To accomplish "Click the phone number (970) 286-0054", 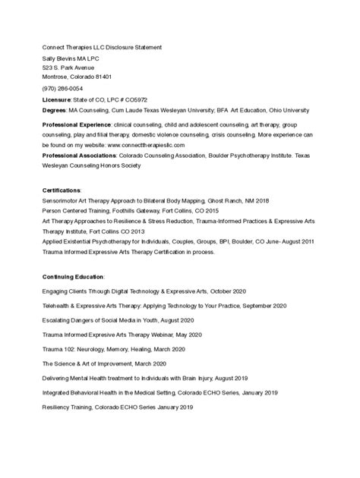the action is click(x=62, y=89).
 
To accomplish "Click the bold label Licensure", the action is click(x=56, y=99).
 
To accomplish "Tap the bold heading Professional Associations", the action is click(x=78, y=155).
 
